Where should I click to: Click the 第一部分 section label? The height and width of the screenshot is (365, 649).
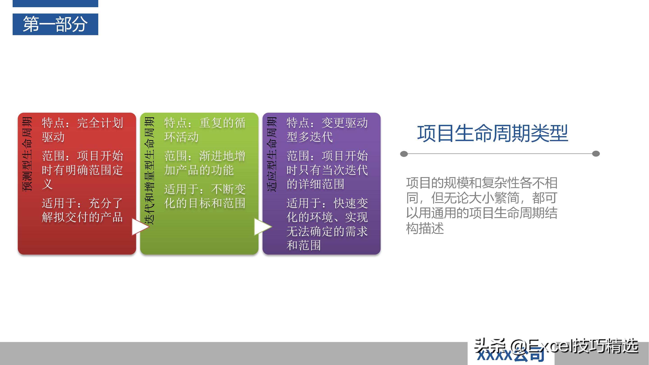click(55, 24)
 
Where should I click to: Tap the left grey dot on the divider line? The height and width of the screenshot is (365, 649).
click(404, 154)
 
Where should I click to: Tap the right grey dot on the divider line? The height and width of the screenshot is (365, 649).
click(596, 154)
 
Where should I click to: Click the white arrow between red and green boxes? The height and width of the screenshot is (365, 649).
click(139, 226)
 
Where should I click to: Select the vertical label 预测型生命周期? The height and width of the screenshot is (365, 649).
click(27, 154)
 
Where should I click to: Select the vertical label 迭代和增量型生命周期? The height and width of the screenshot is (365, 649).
click(149, 171)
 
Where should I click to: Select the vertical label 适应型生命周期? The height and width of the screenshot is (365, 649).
click(272, 154)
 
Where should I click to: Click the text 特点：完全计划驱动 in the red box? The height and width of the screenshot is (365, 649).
click(82, 130)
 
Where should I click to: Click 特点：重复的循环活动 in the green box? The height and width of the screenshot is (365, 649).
click(205, 130)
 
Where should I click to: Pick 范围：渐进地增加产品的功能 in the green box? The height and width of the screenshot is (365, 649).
click(205, 163)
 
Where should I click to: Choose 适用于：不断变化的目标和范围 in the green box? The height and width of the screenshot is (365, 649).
click(205, 196)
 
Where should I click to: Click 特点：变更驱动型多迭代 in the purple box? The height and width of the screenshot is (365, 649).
click(327, 130)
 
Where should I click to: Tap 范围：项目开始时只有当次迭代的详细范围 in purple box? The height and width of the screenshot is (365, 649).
click(327, 170)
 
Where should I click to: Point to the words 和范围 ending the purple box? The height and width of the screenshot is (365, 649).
click(304, 245)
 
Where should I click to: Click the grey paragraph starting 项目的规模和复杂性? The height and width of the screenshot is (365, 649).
click(482, 205)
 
